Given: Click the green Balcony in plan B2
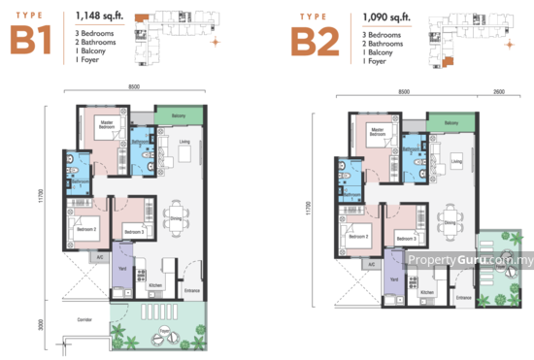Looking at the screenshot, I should tap(450, 123).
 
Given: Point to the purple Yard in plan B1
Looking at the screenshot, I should tap(120, 271).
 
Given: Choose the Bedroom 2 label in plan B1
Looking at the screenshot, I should tap(74, 229).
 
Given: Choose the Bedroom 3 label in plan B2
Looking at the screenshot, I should tap(406, 238).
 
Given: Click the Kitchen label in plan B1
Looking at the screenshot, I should tap(154, 284).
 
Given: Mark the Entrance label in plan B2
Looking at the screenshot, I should tap(464, 296).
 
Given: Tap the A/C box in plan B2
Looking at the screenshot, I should tap(371, 264).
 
